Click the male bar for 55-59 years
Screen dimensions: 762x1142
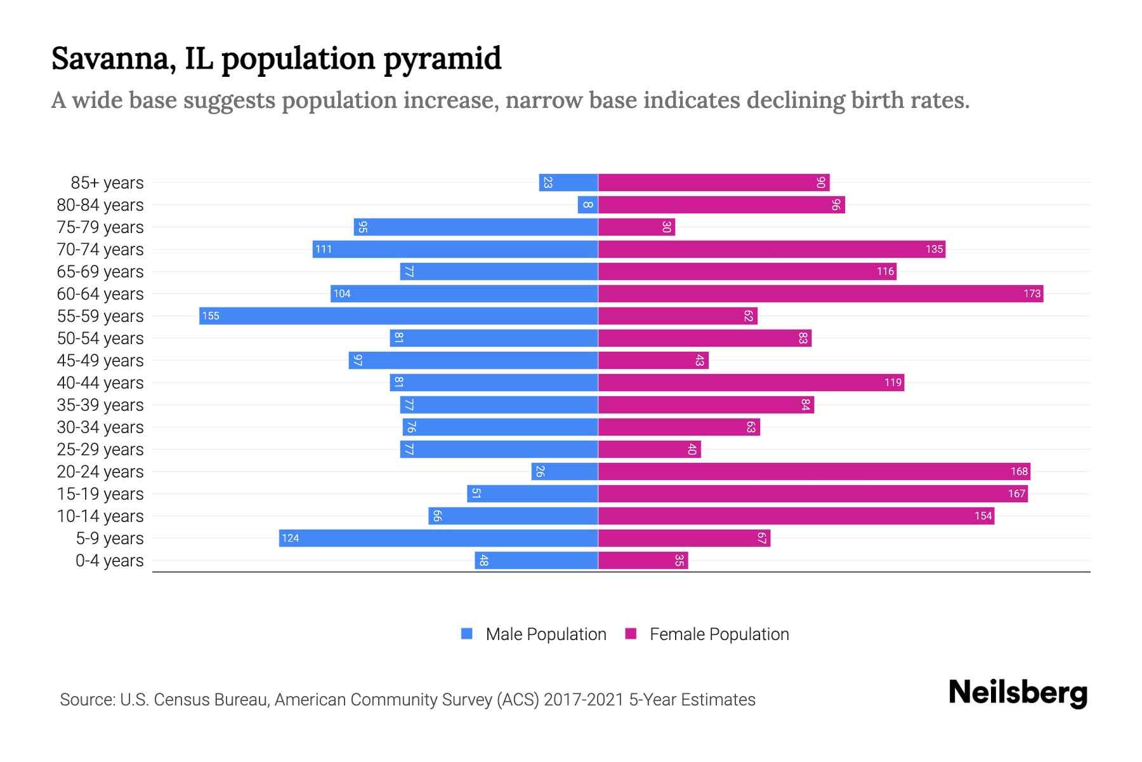pos(398,316)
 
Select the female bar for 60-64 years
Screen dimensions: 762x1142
pos(820,293)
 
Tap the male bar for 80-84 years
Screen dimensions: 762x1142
pos(587,204)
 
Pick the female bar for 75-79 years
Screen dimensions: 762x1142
pos(636,227)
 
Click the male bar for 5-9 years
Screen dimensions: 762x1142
pos(438,538)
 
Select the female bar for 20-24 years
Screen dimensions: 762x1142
pos(814,471)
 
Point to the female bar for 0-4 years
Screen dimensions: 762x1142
pos(643,560)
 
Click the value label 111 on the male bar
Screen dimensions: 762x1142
pos(324,249)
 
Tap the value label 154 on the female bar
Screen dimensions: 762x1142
pos(983,516)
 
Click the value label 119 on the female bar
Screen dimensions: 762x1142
pos(893,382)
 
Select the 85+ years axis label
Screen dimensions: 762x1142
pos(107,183)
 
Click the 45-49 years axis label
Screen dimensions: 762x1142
pos(100,361)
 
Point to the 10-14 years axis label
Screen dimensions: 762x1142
pos(100,516)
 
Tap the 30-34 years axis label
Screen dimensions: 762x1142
pos(100,427)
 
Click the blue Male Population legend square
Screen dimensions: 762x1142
pos(467,634)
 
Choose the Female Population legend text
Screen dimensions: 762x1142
pos(719,634)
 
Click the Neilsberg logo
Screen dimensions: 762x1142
pos(1018,693)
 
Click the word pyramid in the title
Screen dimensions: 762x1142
pos(442,59)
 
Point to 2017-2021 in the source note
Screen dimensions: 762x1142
pos(584,700)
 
